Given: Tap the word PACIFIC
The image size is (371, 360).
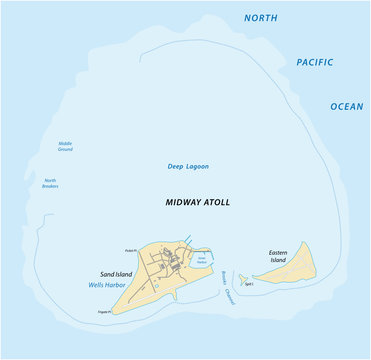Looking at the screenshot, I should (314, 62).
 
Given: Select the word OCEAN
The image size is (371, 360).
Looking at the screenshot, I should (347, 106).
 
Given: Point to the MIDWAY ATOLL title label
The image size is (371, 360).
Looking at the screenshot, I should (197, 202).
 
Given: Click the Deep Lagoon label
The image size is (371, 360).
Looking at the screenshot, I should (187, 166).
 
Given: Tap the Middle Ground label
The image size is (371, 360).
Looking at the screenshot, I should (65, 146).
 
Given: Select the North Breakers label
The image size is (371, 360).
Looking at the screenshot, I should (49, 183).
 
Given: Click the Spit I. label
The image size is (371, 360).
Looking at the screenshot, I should (249, 284).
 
